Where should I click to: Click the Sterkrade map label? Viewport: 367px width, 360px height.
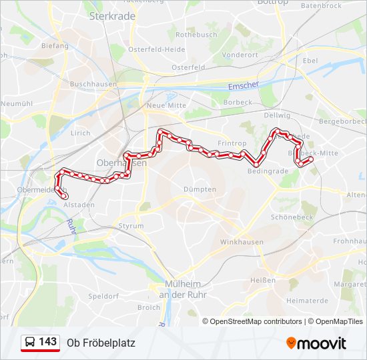[111, 15]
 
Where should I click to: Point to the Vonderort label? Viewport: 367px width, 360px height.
[240, 55]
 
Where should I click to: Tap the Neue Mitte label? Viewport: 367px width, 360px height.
[166, 106]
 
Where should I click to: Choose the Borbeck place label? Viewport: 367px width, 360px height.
[239, 102]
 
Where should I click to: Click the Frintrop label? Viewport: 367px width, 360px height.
[232, 143]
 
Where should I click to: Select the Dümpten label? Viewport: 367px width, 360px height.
[200, 189]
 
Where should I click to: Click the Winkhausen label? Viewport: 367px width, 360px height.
[242, 242]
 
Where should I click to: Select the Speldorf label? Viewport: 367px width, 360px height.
[103, 295]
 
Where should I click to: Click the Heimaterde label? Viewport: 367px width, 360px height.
[306, 301]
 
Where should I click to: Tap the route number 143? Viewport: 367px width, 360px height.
[47, 342]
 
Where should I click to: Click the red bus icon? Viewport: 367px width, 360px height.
[30, 343]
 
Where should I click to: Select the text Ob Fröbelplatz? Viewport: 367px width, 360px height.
[101, 343]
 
